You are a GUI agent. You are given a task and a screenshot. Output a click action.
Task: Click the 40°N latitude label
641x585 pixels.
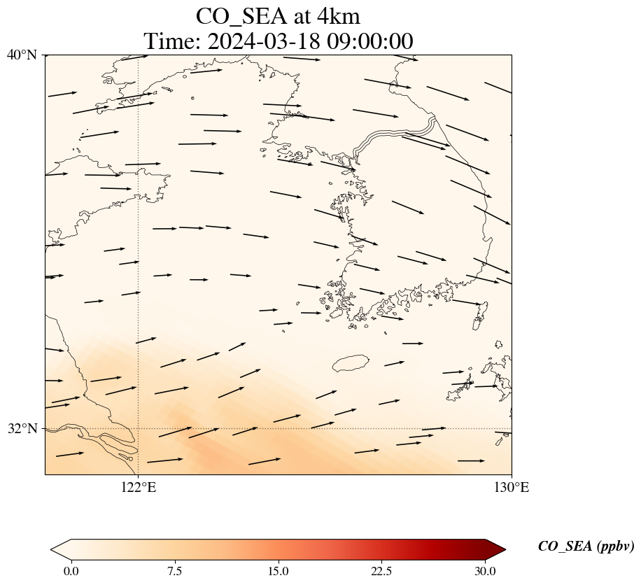point(22,55)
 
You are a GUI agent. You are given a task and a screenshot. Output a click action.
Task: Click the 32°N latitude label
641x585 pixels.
point(22,428)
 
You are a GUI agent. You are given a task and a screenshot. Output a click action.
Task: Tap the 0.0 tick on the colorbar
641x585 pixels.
point(71,571)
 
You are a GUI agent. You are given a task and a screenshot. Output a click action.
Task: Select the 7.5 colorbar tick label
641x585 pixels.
point(174,571)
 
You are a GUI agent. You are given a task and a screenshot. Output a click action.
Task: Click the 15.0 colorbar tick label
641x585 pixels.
point(278,571)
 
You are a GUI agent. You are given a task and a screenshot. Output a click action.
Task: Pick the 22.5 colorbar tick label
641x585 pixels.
point(381,571)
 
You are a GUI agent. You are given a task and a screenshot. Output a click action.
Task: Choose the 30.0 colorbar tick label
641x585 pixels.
point(485,571)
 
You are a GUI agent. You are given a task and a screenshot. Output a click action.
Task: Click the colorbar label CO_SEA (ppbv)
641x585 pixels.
point(586,547)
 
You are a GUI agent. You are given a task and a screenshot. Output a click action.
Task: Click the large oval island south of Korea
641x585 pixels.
point(351,364)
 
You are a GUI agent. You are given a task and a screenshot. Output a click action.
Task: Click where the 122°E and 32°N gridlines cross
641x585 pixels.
point(139,428)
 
